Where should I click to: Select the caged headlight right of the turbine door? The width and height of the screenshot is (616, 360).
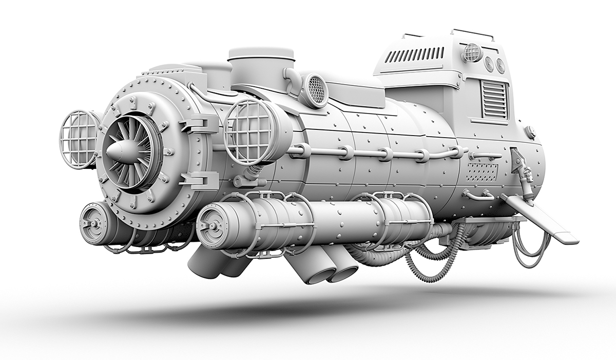point(250,129)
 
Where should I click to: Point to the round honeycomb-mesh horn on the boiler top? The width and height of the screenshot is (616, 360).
point(317,90)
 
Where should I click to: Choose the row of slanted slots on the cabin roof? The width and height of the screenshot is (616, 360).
point(415,54)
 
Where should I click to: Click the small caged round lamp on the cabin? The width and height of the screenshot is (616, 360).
point(472,52)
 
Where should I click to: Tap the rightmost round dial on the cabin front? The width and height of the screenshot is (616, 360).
point(500,66)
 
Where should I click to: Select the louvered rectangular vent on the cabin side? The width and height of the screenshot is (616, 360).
point(495,101)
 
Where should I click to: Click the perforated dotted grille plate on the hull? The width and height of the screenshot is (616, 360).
point(481,173)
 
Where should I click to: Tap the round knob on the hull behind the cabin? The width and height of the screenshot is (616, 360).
point(530,132)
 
